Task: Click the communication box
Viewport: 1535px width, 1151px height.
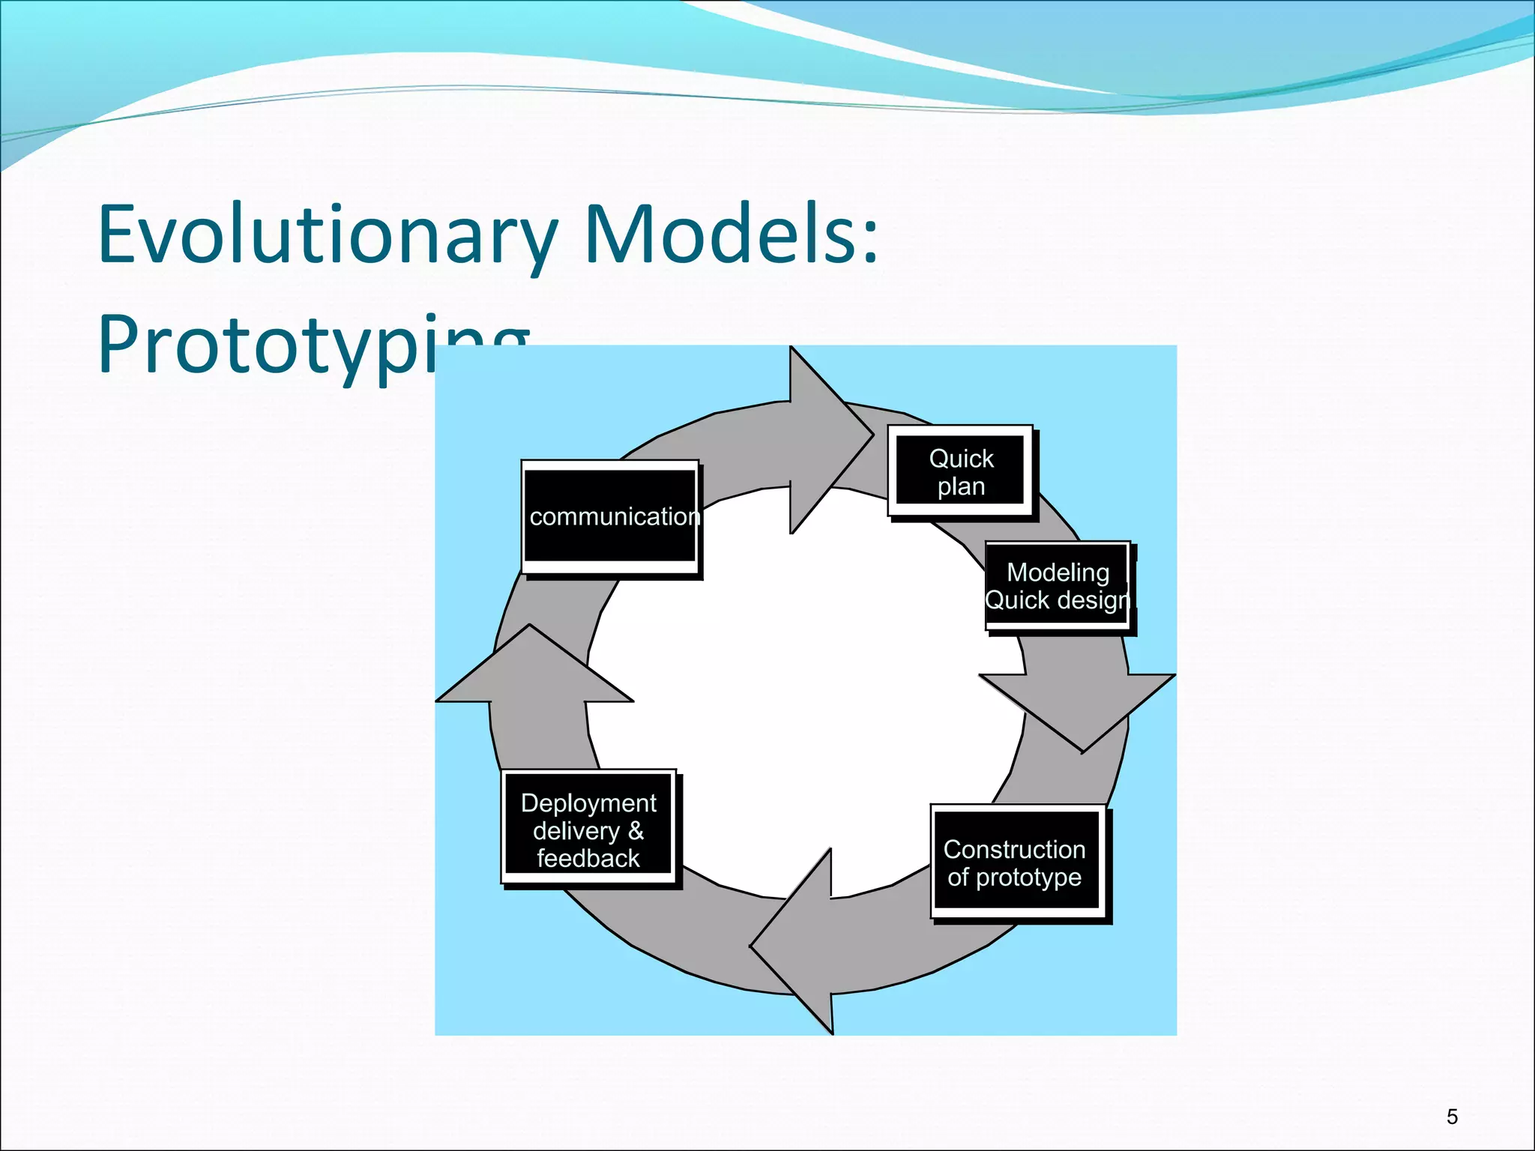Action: tap(610, 516)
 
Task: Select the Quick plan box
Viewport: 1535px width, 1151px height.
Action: tap(960, 471)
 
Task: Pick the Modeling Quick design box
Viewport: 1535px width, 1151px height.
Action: tap(1057, 586)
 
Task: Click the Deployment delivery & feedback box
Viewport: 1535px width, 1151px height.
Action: tap(588, 829)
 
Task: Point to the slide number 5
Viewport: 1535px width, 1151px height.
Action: tap(1452, 1117)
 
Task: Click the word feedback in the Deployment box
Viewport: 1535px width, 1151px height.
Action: tap(588, 859)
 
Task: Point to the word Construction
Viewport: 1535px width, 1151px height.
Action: tap(1014, 849)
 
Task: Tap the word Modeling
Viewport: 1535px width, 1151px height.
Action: tap(1058, 573)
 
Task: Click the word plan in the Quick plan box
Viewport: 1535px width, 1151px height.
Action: tap(961, 486)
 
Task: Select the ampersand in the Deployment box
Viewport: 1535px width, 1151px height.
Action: tap(636, 830)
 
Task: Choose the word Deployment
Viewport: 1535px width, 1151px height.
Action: tap(588, 803)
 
